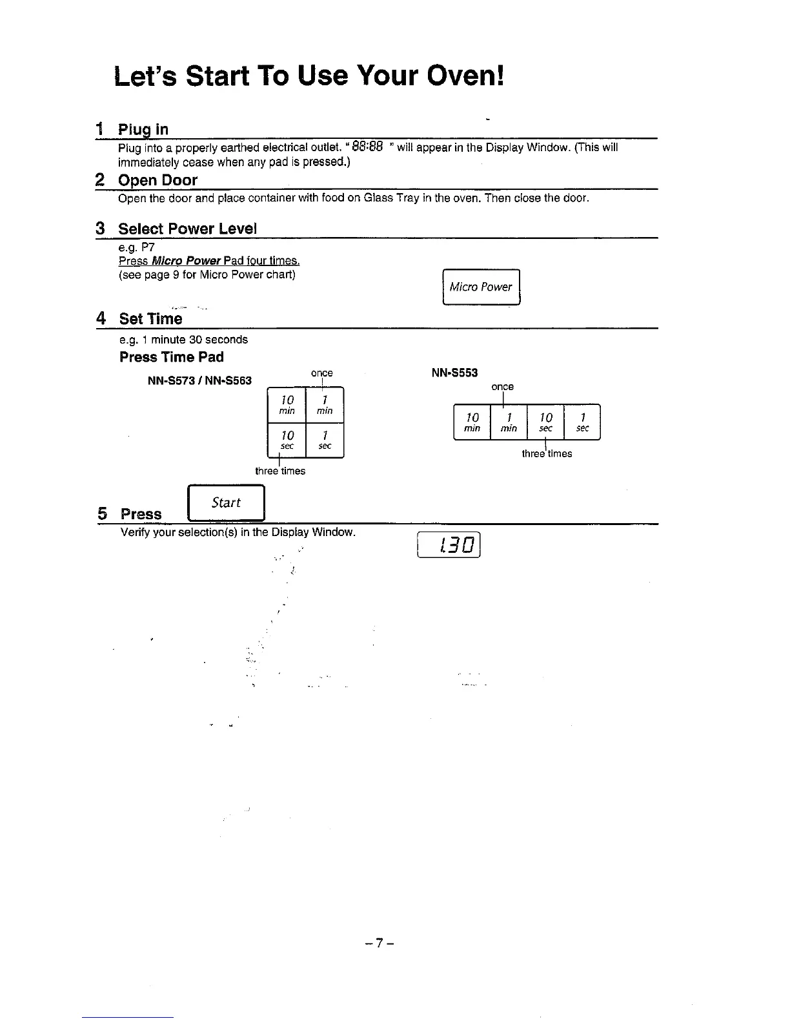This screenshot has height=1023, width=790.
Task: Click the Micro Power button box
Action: pos(481,287)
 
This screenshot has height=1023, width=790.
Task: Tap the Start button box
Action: pos(226,502)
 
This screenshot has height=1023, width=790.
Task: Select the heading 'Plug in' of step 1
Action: pos(143,129)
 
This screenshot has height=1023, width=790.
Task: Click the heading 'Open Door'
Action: pos(157,180)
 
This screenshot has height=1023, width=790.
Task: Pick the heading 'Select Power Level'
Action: pos(187,229)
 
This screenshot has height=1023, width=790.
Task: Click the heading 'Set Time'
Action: pos(151,319)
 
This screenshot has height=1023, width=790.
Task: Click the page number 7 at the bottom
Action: pos(379,944)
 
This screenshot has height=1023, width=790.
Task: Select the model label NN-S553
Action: pos(454,373)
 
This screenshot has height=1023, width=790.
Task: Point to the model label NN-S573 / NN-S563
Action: pos(199,380)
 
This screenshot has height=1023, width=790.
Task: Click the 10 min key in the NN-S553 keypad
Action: pos(472,422)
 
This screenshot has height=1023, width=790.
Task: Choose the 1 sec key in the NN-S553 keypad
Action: pos(582,422)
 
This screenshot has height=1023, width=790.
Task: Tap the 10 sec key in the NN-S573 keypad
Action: pos(287,440)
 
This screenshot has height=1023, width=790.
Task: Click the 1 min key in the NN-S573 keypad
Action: pos(325,404)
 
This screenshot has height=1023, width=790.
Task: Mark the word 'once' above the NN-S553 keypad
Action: pos(502,387)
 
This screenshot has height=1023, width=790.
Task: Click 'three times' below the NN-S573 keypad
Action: pos(280,471)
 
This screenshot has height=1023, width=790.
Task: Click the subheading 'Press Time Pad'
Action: pos(172,357)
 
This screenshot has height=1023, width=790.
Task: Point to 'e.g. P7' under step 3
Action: pos(137,248)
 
